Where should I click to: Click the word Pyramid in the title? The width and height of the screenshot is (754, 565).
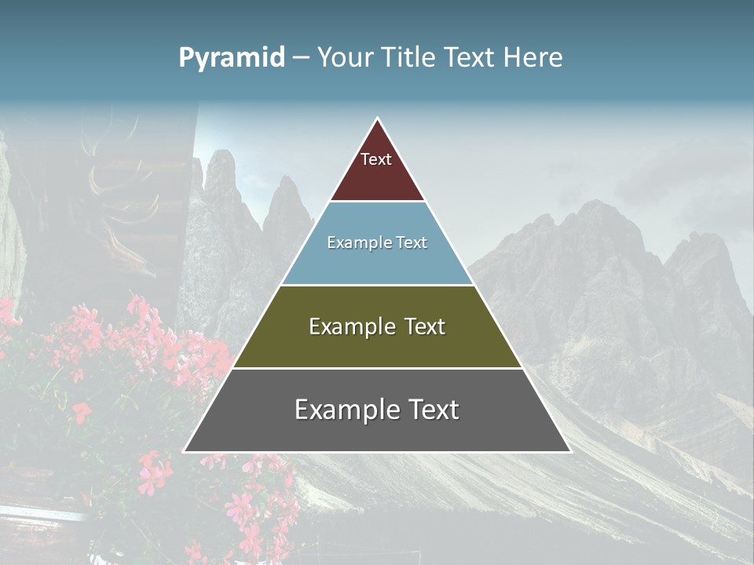tap(231, 58)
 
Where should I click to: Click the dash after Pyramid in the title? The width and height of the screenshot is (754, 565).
tap(301, 58)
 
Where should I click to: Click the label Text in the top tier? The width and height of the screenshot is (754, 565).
tap(376, 159)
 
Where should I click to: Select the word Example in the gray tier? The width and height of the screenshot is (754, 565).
tap(346, 410)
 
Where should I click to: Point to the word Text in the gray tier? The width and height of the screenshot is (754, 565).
tap(430, 410)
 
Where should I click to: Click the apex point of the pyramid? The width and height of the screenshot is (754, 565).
tap(378, 119)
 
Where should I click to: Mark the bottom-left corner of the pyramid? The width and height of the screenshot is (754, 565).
tap(185, 451)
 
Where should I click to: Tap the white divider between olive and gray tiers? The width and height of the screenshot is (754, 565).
tap(377, 368)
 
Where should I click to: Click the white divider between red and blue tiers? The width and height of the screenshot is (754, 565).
tap(377, 202)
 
